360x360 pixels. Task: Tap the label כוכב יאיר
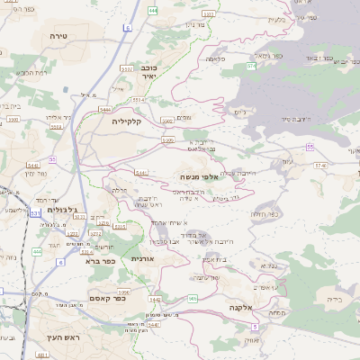[x=148, y=73]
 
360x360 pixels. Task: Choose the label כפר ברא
[x=101, y=261]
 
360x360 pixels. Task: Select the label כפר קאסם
[x=106, y=298]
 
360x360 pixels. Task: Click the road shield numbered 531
[x=34, y=213]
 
